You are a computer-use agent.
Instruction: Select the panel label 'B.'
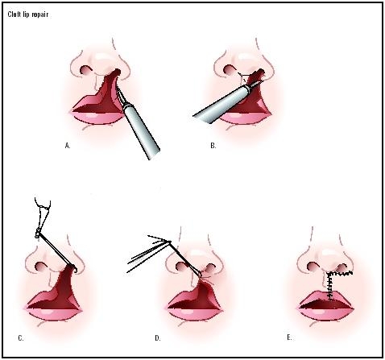click(x=213, y=147)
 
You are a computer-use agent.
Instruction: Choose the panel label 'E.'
click(x=312, y=336)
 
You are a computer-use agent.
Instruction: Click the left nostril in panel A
click(x=85, y=70)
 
